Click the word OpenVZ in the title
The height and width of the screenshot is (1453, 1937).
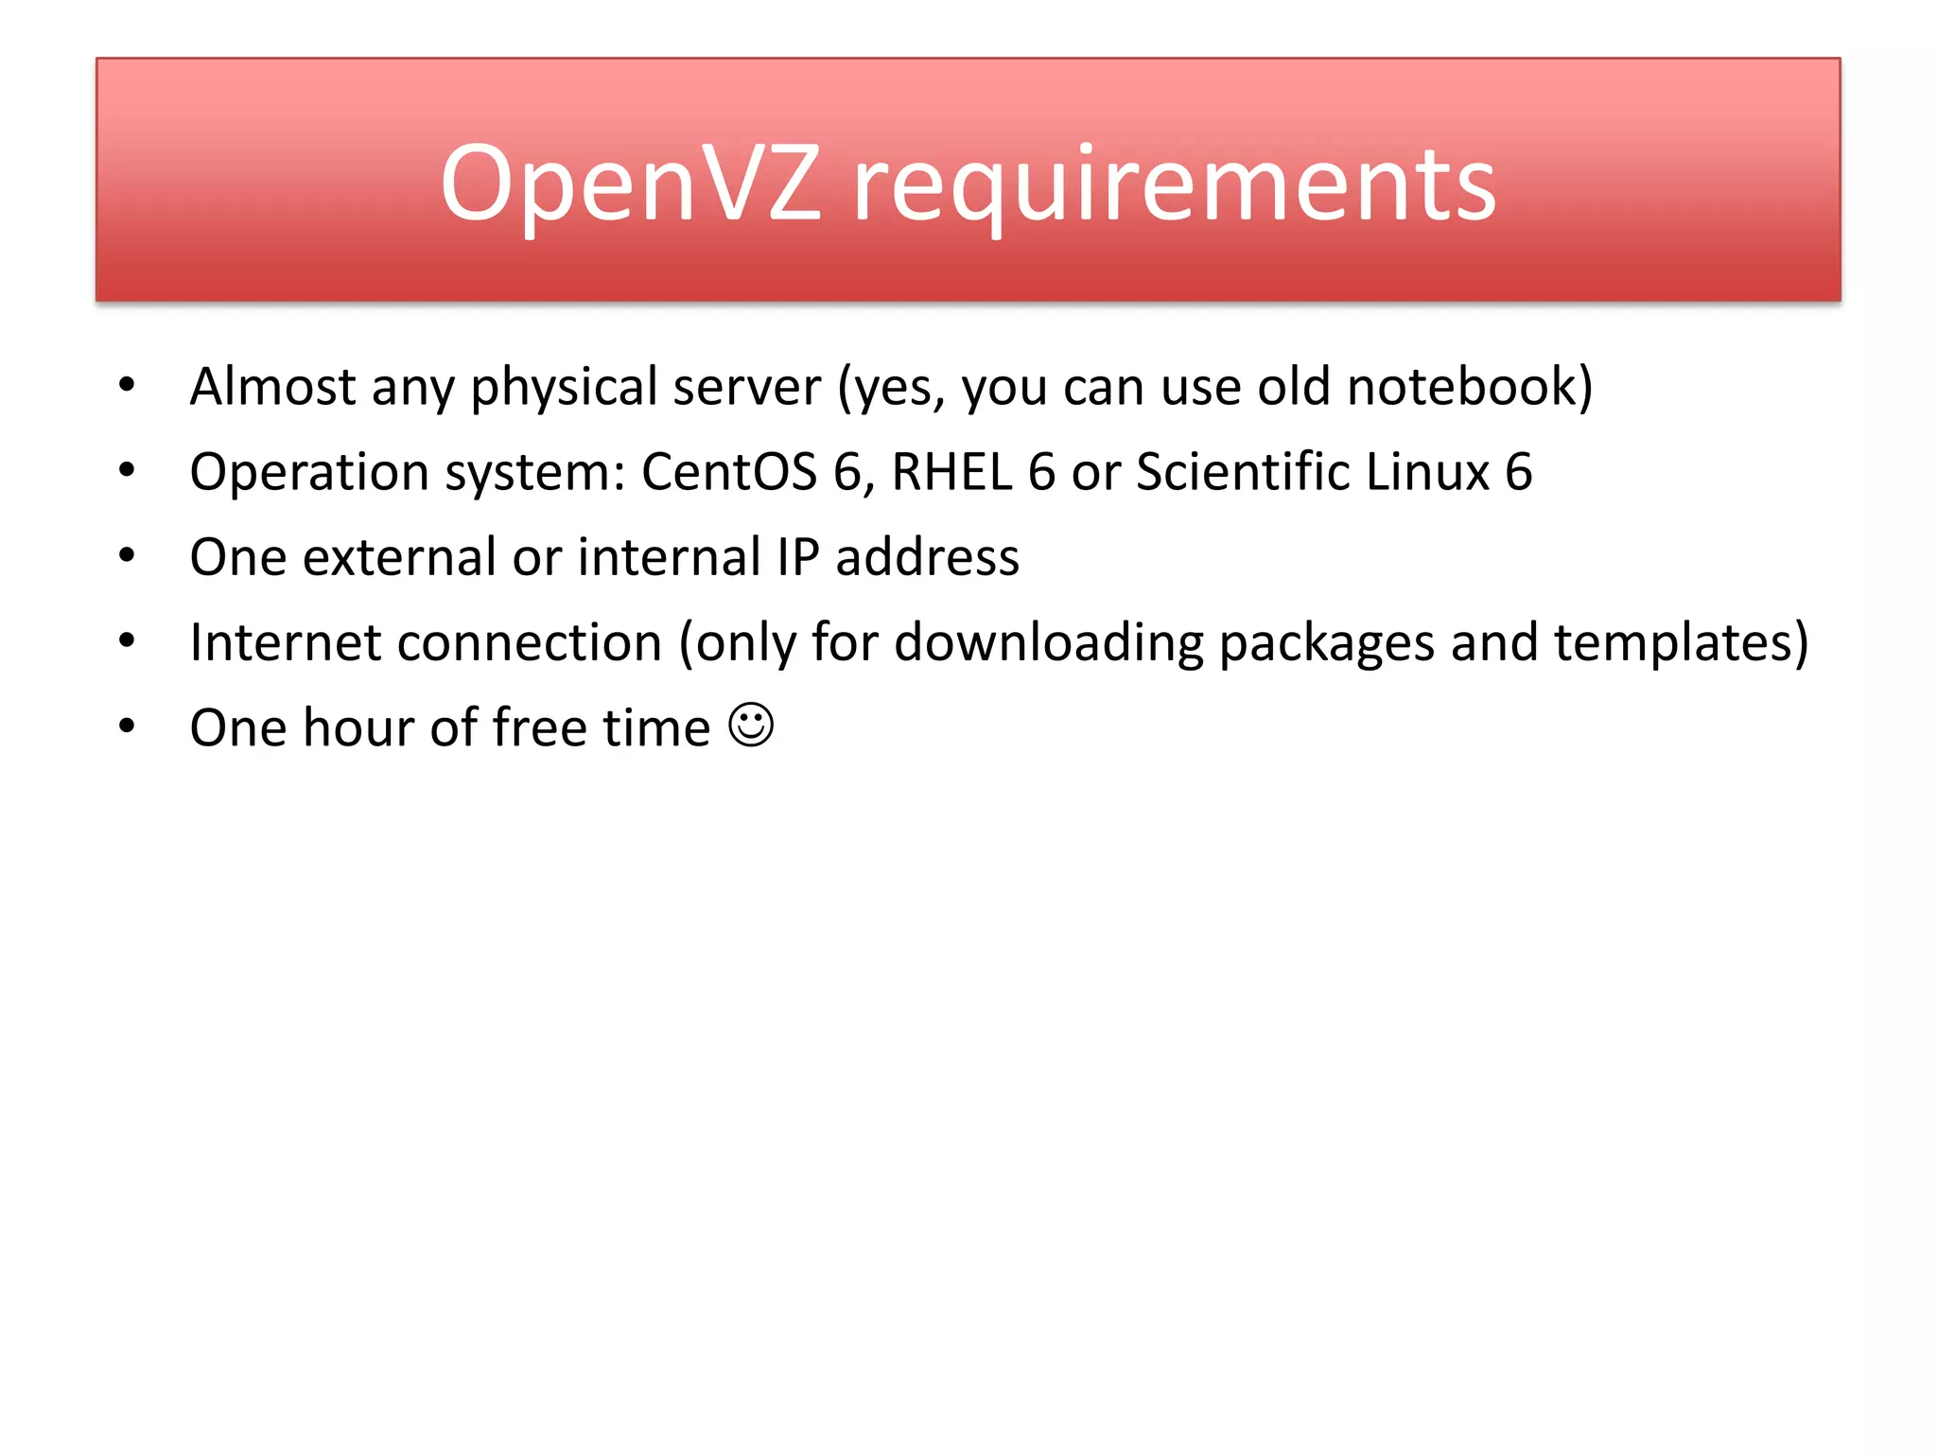630,184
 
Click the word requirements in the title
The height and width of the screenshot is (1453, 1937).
1175,185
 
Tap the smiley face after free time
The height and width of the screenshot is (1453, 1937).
752,726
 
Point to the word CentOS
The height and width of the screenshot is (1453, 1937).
728,471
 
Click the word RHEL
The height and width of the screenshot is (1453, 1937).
951,471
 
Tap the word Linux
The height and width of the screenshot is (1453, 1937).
1428,471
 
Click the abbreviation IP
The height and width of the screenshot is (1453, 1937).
797,556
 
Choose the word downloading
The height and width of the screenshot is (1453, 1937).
1048,643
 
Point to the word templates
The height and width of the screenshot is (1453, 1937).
1670,643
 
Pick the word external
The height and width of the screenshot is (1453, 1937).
399,557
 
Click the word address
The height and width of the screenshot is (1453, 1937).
927,556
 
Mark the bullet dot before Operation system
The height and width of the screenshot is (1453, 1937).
127,469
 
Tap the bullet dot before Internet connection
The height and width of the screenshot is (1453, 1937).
127,640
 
